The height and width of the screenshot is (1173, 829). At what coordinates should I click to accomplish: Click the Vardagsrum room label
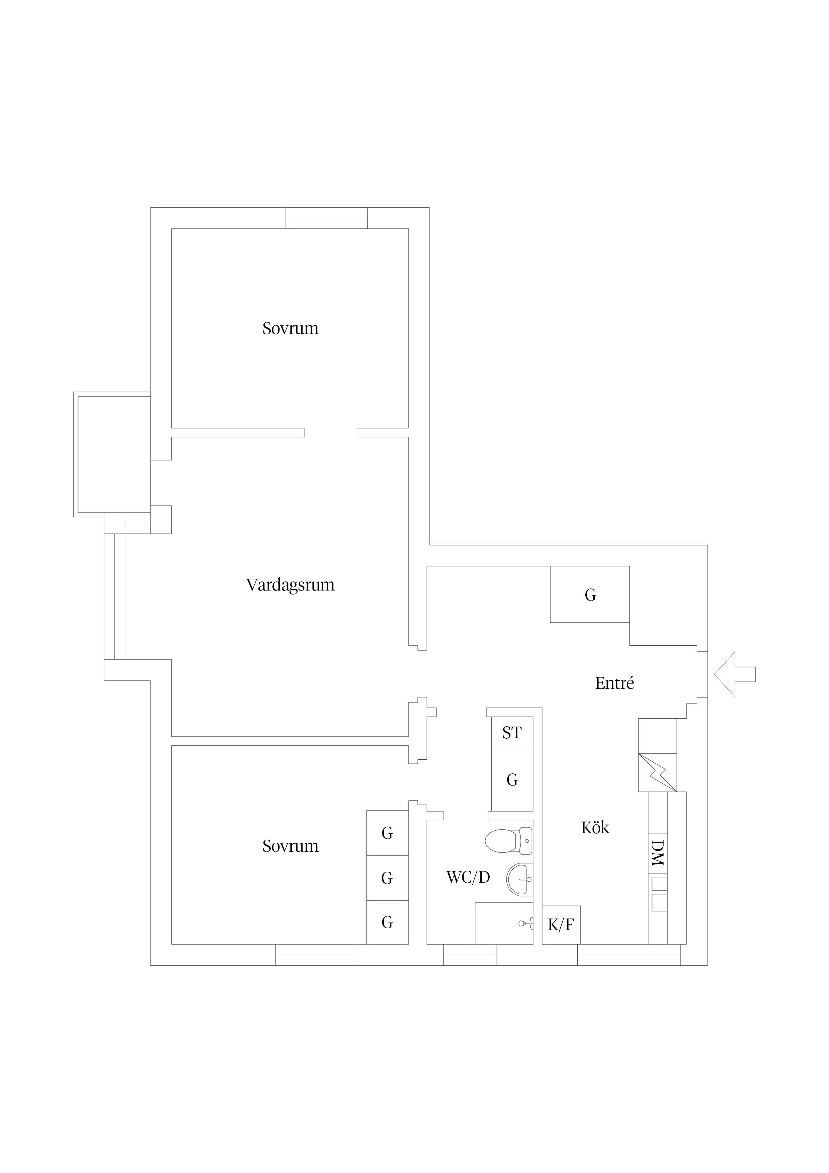click(x=290, y=585)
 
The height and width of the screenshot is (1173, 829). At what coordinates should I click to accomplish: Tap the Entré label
click(x=614, y=683)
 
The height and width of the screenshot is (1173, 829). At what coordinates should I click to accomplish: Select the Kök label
click(x=595, y=827)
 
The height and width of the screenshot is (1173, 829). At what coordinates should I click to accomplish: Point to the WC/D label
click(x=468, y=877)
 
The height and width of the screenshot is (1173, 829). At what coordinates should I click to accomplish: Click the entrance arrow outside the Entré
click(x=734, y=674)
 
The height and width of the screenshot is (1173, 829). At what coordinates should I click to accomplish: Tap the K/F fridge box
click(x=561, y=925)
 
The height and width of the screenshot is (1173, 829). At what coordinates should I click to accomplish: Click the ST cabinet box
click(x=512, y=733)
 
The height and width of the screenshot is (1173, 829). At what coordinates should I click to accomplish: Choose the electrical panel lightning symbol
click(x=658, y=772)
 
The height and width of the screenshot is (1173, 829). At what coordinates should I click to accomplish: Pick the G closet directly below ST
click(x=512, y=780)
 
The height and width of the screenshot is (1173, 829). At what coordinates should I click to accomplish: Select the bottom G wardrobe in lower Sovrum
click(x=387, y=922)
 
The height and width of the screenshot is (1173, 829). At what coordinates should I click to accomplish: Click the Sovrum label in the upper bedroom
click(x=290, y=328)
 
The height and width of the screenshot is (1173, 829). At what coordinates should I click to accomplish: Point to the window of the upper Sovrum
click(x=326, y=218)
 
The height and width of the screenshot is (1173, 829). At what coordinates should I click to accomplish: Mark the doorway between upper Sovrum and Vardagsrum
click(x=331, y=433)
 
